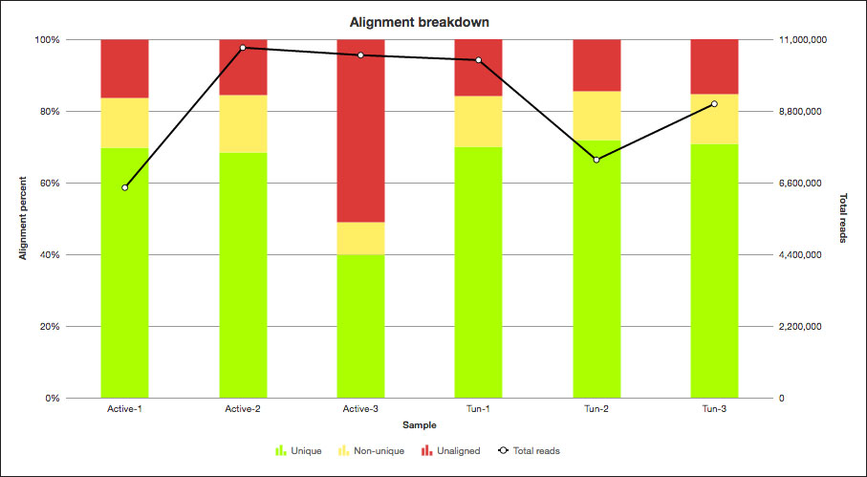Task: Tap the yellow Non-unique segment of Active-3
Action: click(x=360, y=238)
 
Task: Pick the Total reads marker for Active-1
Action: click(x=124, y=187)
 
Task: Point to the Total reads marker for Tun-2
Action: click(x=596, y=160)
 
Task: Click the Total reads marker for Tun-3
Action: click(x=714, y=104)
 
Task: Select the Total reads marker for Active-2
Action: click(x=243, y=48)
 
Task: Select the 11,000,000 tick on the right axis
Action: click(x=804, y=40)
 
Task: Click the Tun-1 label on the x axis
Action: click(x=478, y=410)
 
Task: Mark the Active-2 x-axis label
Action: click(x=243, y=410)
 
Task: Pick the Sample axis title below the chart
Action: click(x=420, y=424)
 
